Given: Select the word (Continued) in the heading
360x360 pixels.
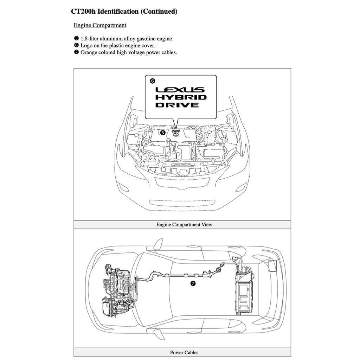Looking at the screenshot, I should (159, 12).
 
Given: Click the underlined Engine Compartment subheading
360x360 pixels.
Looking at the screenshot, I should (100, 25).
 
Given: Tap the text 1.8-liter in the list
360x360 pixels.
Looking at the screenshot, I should (90, 39).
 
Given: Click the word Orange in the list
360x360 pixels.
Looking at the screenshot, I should (89, 52).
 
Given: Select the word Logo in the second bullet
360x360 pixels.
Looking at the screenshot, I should (86, 45).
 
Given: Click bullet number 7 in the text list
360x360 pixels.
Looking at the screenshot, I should (76, 52).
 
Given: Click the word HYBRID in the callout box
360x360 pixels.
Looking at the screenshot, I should (181, 97).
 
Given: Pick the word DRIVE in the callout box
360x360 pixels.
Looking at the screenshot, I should (177, 105).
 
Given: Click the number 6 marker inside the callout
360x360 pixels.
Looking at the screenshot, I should (152, 81).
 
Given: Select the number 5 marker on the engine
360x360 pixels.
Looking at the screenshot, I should (162, 133).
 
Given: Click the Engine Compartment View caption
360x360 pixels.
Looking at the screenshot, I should (184, 224).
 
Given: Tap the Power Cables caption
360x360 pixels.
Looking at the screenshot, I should (184, 352).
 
